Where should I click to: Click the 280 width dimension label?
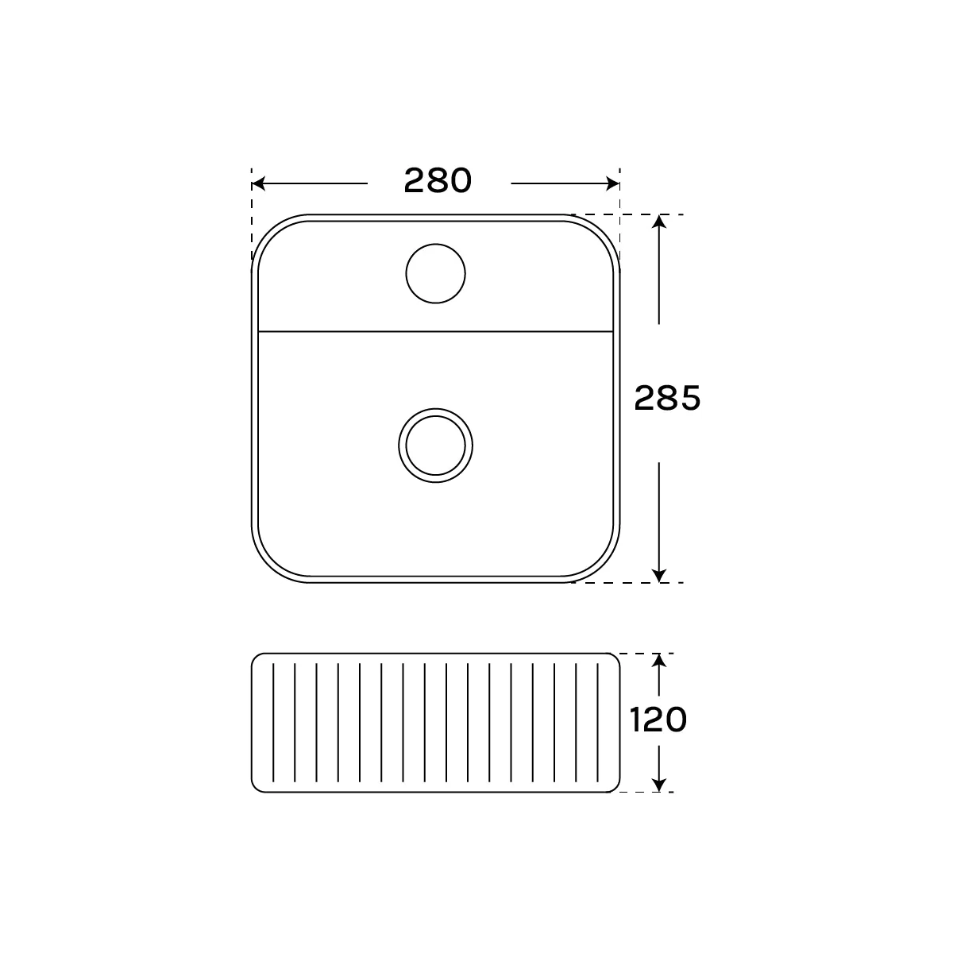click(x=438, y=180)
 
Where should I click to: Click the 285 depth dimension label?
click(x=667, y=398)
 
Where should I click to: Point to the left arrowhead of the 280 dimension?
click(x=258, y=183)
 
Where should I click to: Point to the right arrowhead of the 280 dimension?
click(x=613, y=183)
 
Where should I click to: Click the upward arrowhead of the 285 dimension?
click(x=658, y=221)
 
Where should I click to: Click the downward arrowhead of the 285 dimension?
click(x=658, y=576)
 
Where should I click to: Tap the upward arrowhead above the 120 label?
click(x=658, y=660)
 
